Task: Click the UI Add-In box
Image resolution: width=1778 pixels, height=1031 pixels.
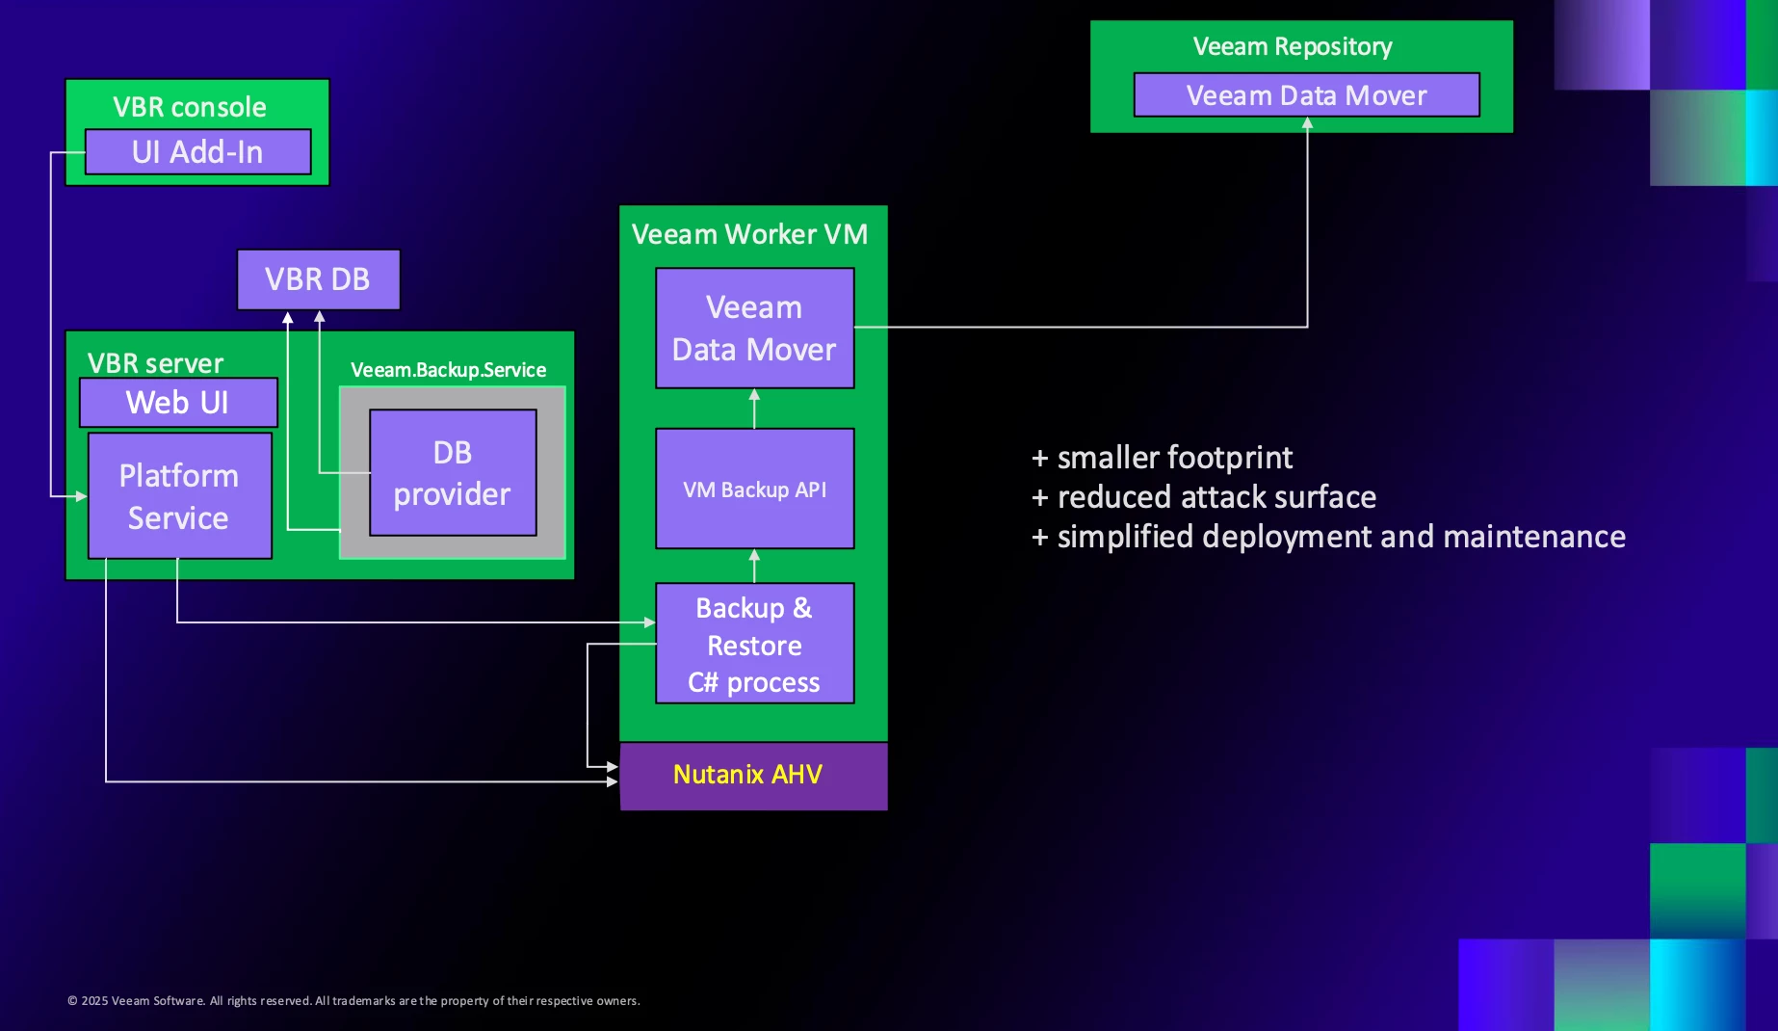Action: (197, 152)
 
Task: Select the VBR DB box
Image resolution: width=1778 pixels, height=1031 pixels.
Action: (318, 279)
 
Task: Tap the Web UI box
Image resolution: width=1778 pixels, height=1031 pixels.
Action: (178, 403)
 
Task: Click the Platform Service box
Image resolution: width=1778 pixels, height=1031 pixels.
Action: (179, 496)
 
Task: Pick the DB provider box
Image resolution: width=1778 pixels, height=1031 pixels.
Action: (453, 473)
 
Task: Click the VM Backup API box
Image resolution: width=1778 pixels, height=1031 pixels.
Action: (754, 489)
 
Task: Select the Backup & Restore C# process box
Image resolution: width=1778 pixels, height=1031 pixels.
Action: (754, 645)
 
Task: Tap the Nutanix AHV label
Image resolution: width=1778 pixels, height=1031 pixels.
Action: (748, 775)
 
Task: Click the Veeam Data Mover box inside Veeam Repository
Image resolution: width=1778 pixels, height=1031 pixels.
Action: (1306, 95)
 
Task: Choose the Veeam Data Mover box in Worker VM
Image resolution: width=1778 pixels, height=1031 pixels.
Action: (754, 329)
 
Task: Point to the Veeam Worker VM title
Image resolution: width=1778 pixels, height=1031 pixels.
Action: (749, 234)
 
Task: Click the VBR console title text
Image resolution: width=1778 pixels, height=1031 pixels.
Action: (190, 107)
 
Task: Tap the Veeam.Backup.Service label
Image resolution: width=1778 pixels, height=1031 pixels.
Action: (448, 370)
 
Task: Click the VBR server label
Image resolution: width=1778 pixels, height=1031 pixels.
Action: (155, 363)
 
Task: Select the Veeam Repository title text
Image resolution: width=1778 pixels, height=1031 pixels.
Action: (1293, 46)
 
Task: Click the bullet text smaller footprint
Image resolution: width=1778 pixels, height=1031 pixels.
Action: (1163, 458)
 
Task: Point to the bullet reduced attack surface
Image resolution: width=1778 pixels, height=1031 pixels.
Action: (1204, 497)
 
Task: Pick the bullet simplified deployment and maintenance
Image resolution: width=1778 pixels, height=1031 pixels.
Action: (1328, 537)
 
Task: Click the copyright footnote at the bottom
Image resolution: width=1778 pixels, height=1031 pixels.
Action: (353, 1001)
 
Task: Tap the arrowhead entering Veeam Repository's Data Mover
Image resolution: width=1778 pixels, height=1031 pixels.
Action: (1307, 123)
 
